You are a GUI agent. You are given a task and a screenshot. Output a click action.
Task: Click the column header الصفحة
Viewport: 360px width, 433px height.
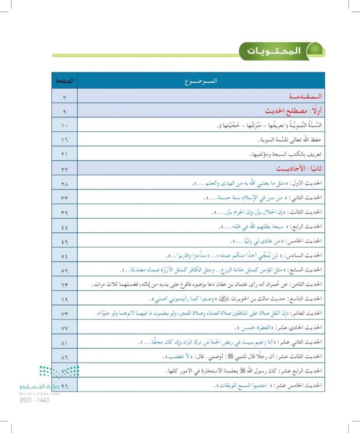pos(63,81)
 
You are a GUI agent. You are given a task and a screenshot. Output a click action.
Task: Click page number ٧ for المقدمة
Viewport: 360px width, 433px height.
pos(63,96)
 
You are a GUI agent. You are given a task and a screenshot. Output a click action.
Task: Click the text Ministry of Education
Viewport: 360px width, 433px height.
pos(40,393)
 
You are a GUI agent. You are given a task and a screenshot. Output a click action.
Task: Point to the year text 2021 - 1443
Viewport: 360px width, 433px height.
pos(34,400)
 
